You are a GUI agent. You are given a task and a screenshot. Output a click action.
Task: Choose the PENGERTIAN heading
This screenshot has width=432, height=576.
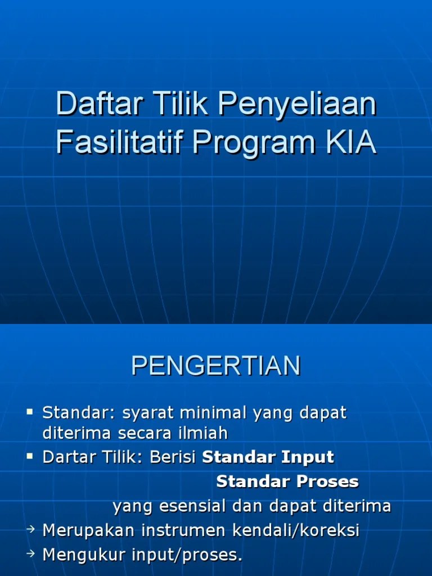tap(216, 366)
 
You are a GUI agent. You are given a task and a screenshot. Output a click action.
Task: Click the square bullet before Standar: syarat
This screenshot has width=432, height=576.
tap(30, 413)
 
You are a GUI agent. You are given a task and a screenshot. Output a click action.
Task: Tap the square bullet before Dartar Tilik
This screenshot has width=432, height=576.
tap(30, 457)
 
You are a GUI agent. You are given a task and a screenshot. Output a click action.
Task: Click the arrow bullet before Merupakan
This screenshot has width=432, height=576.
tap(31, 529)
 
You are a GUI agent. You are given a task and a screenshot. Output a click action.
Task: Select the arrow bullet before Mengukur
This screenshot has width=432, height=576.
tap(31, 554)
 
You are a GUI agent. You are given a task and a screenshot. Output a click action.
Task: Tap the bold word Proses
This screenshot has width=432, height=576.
tap(329, 481)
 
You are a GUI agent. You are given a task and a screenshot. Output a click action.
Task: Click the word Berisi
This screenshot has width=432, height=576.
tap(173, 457)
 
